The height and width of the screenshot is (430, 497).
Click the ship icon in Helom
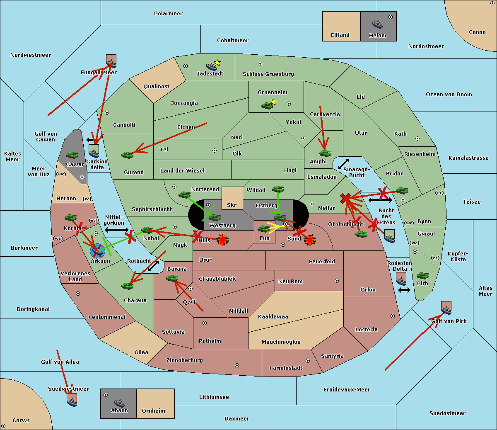377,24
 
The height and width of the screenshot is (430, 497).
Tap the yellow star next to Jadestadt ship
217,63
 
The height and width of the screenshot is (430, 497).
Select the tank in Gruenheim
267,105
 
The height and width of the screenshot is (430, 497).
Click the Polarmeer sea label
168,14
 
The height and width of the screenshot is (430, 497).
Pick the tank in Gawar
72,155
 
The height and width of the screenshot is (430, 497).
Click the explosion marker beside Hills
223,240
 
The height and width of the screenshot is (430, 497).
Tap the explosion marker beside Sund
310,240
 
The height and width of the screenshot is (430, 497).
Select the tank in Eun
263,229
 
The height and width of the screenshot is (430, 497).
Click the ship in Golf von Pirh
446,310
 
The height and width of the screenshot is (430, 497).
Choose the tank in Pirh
422,276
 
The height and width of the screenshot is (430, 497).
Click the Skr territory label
232,205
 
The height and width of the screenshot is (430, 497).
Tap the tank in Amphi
325,153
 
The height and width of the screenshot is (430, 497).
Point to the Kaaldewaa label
273,316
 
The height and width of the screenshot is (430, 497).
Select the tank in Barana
172,279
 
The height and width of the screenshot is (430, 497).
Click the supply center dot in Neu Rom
337,281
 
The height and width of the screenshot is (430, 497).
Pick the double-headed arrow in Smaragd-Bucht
343,164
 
